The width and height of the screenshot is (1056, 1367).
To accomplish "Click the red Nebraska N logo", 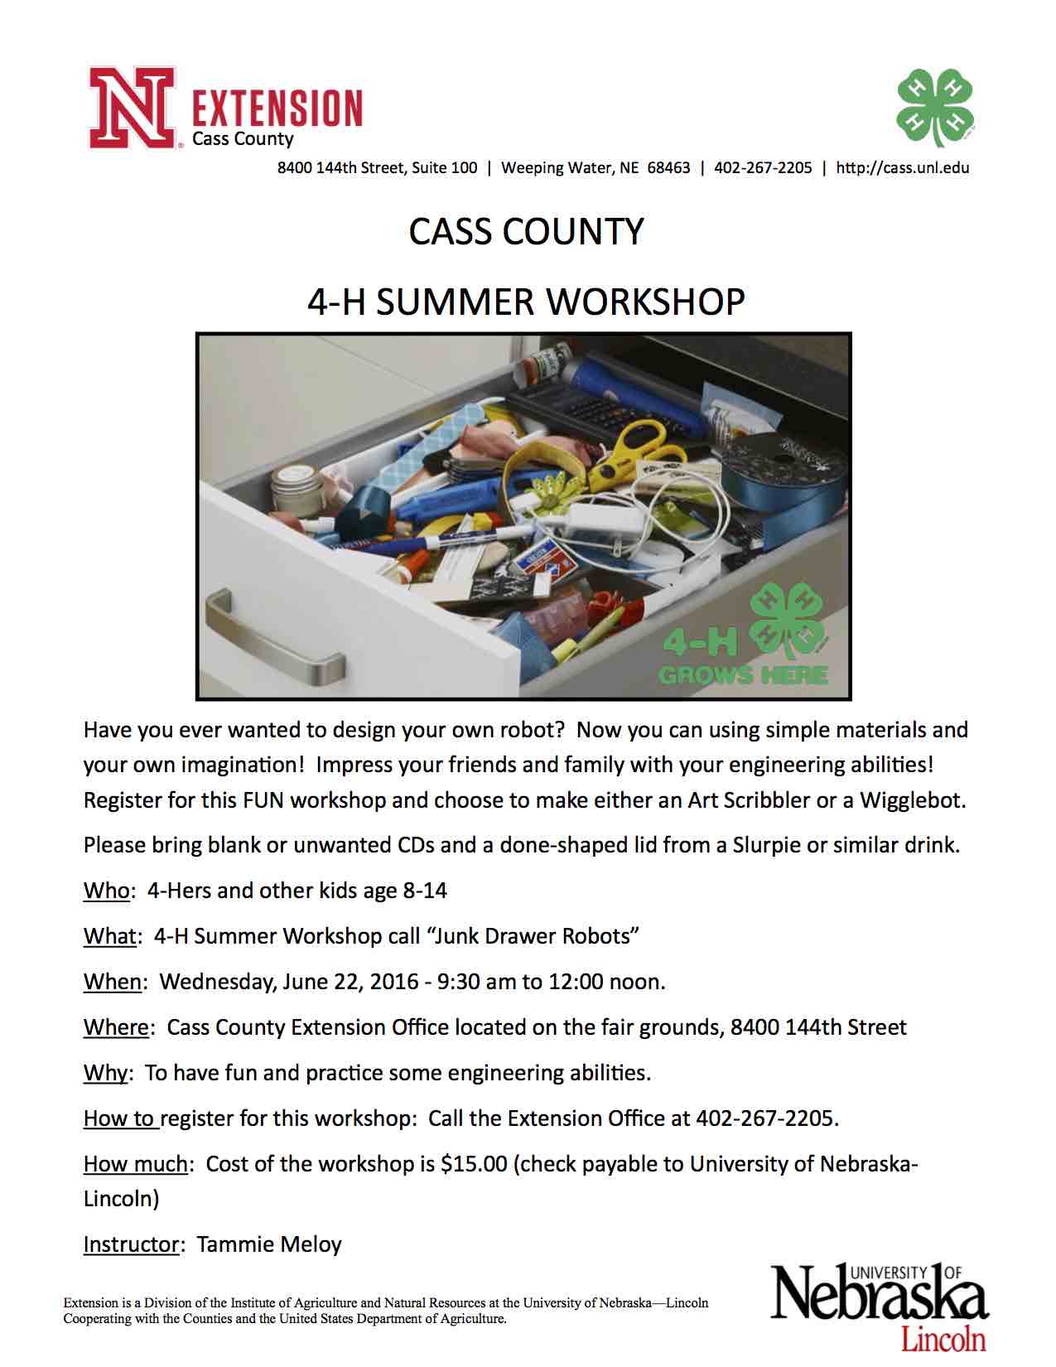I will coord(132,109).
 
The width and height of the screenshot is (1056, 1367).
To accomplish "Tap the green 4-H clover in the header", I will coord(935,107).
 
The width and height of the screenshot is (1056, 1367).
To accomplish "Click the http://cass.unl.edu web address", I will coord(902,168).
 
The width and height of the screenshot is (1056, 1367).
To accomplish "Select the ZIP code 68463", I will coord(668,168).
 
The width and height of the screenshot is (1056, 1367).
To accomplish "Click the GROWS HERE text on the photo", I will coord(743,674).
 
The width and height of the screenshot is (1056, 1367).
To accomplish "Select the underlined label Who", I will coord(106,891).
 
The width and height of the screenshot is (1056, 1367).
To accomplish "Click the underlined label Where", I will coord(117,1028).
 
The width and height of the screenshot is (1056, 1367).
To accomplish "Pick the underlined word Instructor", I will coord(131,1244).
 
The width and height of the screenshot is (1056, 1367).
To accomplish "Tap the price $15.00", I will coord(474,1164).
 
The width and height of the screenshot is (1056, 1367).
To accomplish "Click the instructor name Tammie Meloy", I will coord(269,1244).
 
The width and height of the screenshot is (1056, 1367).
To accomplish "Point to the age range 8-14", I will coord(425,891).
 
